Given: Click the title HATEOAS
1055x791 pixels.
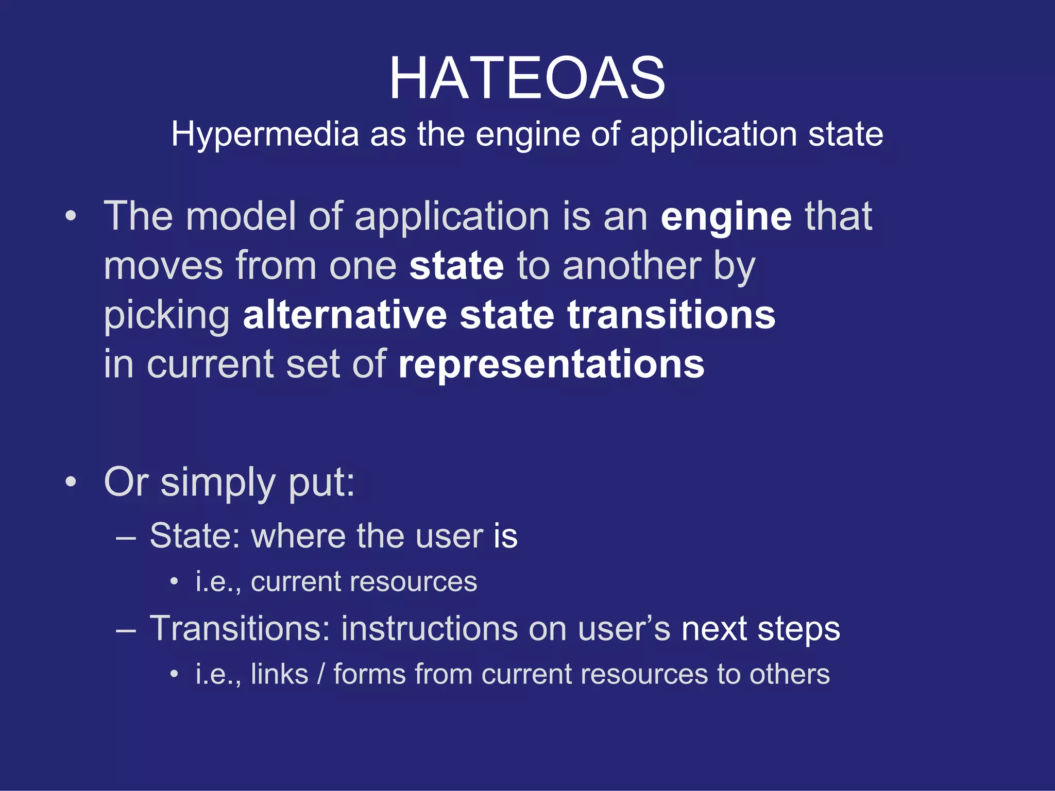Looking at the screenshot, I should point(527,78).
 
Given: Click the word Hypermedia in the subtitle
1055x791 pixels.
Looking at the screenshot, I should point(265,134).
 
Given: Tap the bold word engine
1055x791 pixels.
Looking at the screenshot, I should point(726,217).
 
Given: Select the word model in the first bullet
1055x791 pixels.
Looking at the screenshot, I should point(241,216).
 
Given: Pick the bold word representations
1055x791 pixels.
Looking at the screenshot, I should point(551,365).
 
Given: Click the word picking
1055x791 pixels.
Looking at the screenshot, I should point(167,316).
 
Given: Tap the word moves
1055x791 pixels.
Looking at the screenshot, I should point(163,266).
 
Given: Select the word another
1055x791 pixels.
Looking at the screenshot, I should point(632,266).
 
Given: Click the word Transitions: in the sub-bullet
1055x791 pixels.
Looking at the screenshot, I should point(240,629).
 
